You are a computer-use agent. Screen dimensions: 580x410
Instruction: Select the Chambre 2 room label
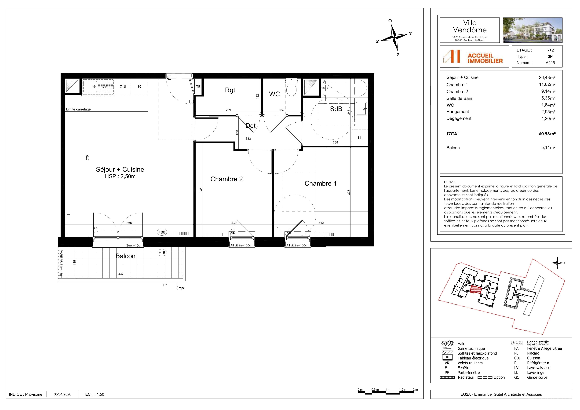(x=227, y=179)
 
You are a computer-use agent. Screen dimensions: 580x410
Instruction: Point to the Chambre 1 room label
(x=321, y=183)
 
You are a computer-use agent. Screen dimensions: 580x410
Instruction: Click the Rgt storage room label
(x=230, y=90)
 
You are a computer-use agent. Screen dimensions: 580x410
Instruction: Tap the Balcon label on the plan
(x=126, y=256)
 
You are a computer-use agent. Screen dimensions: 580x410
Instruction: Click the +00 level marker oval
(x=162, y=232)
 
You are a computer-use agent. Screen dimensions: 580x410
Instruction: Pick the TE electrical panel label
(x=198, y=87)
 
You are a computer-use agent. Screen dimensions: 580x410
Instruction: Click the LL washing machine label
(x=360, y=138)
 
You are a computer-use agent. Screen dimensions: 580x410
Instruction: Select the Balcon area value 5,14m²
(x=548, y=147)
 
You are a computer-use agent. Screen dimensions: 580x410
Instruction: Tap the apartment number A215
(x=550, y=63)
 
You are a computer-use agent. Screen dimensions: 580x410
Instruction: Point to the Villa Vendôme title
(x=470, y=26)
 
